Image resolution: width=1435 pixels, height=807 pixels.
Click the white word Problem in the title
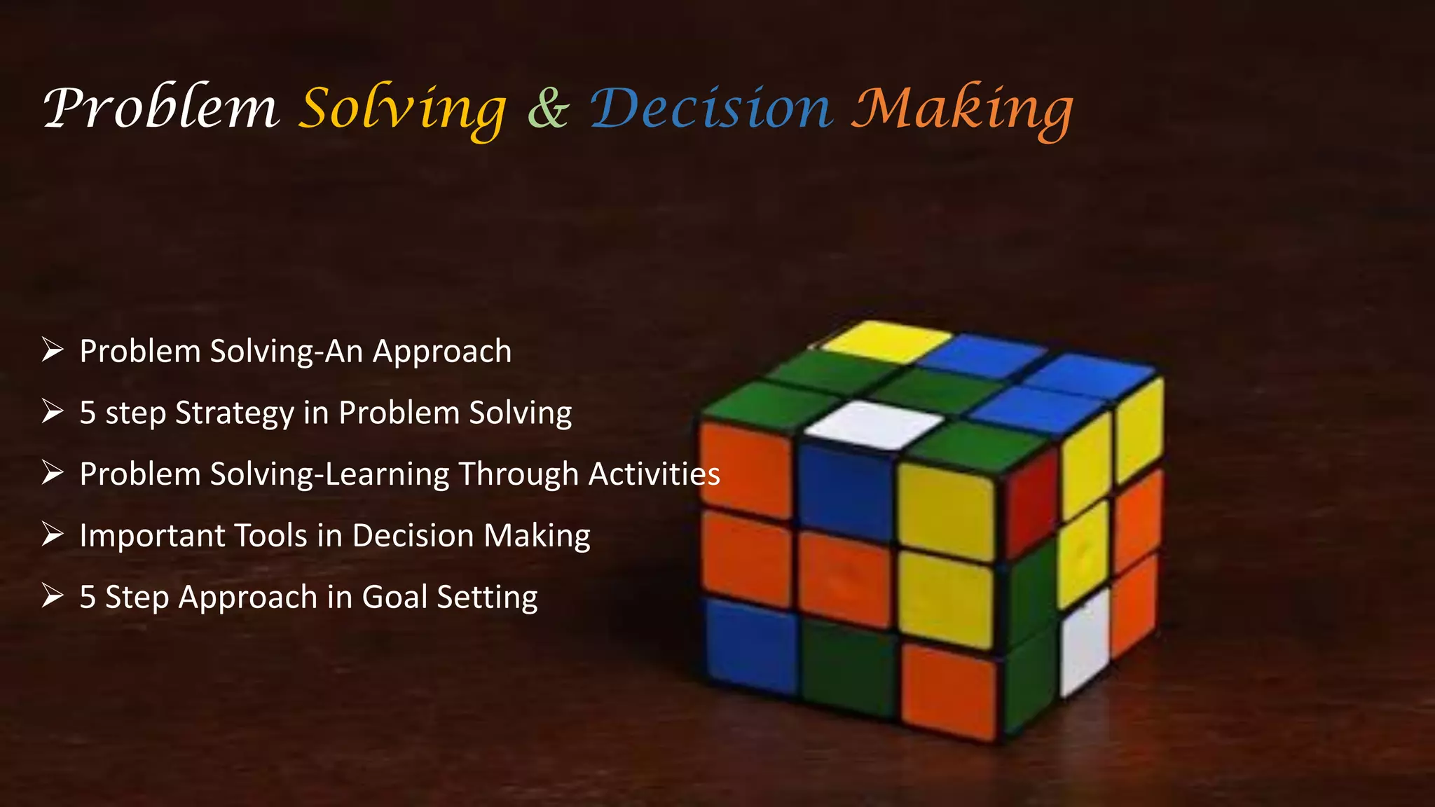pos(161,109)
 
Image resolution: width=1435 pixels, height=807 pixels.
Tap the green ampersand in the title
pos(548,109)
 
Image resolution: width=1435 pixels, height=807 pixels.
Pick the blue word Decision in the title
pos(711,109)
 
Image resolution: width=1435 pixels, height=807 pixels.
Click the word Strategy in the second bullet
pos(235,413)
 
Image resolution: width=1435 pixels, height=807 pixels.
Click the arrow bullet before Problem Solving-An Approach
pos(53,350)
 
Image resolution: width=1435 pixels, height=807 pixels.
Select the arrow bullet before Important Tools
pos(53,534)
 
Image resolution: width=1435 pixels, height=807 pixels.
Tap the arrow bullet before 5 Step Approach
pos(53,596)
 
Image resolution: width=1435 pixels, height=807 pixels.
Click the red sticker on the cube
pos(1033,501)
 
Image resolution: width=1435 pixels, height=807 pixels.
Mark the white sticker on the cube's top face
pos(874,423)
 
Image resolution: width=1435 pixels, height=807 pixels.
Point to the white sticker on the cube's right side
pos(1085,642)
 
